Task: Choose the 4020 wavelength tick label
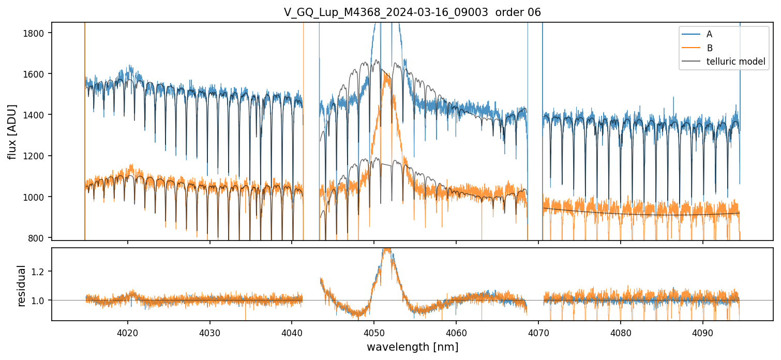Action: (127, 333)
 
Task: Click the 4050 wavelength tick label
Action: (374, 333)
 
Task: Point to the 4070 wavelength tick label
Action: (538, 333)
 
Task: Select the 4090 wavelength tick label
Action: (703, 333)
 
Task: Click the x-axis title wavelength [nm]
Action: (412, 347)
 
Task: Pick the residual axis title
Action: (22, 285)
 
